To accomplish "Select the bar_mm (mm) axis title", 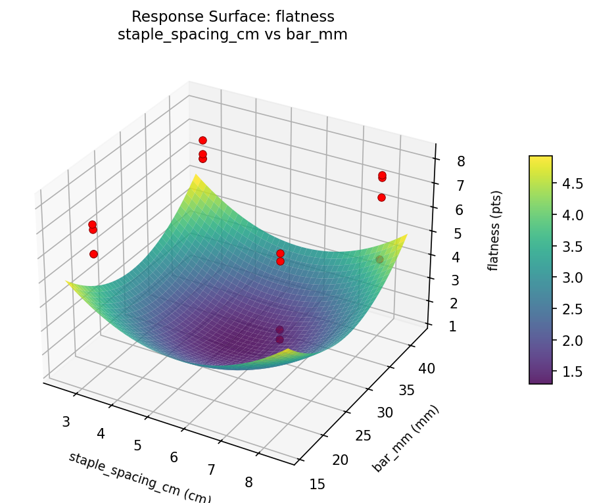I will tap(406, 439).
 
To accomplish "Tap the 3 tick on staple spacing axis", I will tap(66, 421).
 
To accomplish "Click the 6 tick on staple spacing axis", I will tap(174, 457).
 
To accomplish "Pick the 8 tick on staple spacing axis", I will tap(249, 482).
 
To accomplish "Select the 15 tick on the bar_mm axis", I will tap(317, 484).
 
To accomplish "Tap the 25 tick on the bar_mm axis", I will tap(358, 435).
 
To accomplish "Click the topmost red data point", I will tap(202, 140).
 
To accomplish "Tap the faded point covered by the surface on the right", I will tap(379, 260).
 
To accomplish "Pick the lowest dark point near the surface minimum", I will tap(279, 339).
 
